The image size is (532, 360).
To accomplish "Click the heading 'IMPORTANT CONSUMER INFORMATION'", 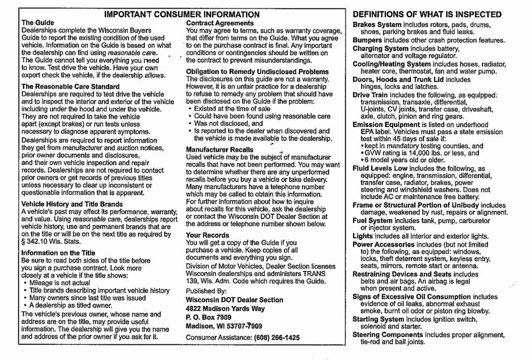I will [182, 15].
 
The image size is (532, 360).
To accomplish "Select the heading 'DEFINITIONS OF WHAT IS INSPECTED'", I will [427, 15].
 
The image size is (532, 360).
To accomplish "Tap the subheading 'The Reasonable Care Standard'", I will [70, 86].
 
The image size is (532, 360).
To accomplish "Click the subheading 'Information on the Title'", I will [58, 253].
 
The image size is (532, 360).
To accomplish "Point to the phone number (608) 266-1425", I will [277, 338].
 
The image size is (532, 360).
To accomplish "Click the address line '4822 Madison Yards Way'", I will [225, 308].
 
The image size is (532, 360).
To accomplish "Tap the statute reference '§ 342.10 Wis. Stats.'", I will [51, 242].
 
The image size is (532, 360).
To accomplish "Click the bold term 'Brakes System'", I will [377, 24].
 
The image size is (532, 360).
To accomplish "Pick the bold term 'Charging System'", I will [381, 48].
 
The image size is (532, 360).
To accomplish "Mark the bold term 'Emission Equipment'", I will [385, 125].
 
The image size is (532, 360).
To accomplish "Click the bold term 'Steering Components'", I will [387, 335].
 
